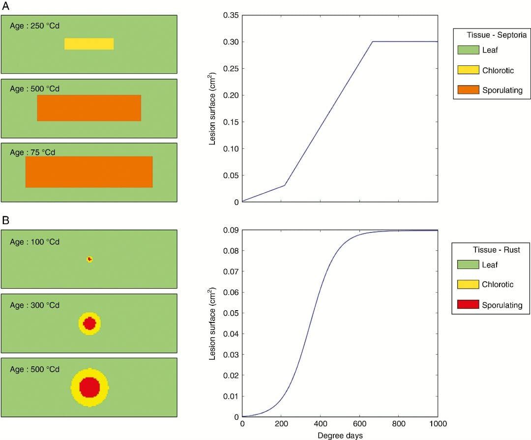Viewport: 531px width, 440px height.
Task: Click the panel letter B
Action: tap(6, 221)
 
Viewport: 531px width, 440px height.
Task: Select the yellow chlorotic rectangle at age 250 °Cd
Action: tap(89, 44)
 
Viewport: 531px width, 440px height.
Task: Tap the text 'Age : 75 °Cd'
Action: tap(32, 152)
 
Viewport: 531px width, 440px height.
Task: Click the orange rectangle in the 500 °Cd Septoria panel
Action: tap(89, 108)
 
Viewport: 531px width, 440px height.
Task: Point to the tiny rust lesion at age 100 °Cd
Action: tap(89, 259)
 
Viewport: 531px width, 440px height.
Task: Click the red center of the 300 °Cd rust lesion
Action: tap(89, 323)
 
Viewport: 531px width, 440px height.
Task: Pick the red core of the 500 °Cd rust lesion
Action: tap(89, 387)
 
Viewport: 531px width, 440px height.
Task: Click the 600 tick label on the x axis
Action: tap(360, 424)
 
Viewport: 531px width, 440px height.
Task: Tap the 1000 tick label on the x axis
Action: tap(438, 424)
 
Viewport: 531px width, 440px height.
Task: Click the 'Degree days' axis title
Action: tap(340, 435)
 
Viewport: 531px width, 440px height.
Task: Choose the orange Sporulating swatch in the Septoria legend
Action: tap(468, 90)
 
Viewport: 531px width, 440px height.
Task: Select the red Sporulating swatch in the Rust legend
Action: tap(468, 305)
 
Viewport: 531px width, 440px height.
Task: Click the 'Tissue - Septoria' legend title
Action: tap(496, 35)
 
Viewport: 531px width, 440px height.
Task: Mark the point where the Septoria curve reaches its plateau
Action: tap(373, 42)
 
